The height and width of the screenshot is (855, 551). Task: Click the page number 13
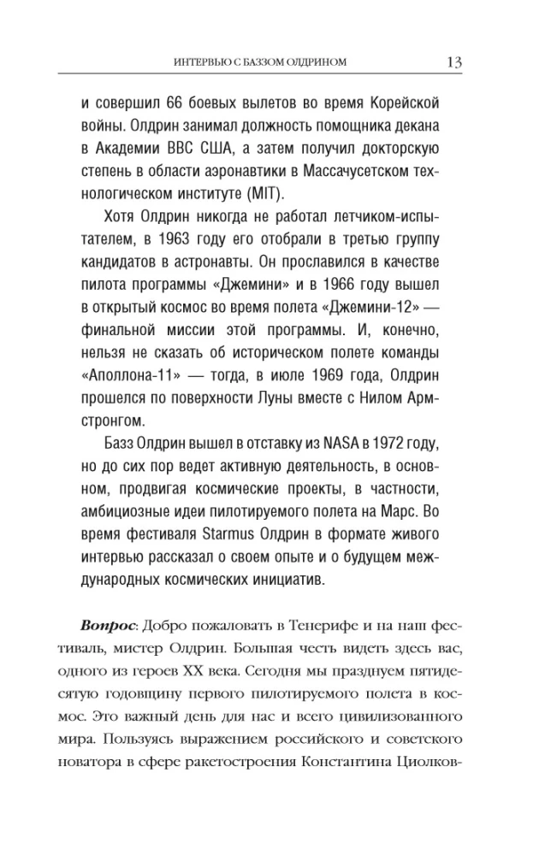point(454,62)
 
